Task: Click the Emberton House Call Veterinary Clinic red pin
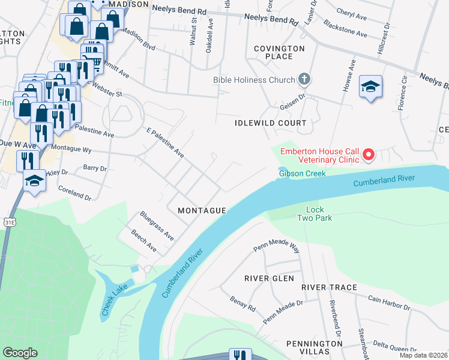coord(367,155)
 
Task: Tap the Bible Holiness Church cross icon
coord(304,79)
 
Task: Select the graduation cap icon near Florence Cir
coord(370,87)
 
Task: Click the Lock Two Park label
coord(315,214)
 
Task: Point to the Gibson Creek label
coord(302,173)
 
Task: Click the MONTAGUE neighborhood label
coord(202,211)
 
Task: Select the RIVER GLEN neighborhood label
coord(269,278)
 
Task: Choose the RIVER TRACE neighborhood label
coord(329,287)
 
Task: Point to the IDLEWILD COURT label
coord(271,123)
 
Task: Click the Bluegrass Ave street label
coord(157,226)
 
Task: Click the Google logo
coord(20,353)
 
